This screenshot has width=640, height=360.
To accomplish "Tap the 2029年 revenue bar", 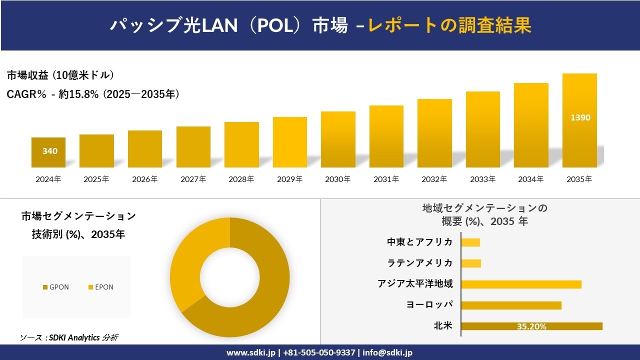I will pos(290,142).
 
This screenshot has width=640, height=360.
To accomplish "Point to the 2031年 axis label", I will pos(386,179).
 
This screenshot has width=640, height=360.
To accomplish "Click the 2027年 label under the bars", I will pos(193,179).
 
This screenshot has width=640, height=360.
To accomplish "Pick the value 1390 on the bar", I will pos(580,118).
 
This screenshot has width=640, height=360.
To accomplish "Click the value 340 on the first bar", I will pos(49,151).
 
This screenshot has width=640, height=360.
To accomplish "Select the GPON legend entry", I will pos(56,287).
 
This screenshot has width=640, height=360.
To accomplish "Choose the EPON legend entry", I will pos(101,287).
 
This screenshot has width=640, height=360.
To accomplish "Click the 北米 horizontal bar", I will pos(531,326).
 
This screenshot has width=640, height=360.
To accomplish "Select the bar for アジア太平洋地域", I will pos(521,284).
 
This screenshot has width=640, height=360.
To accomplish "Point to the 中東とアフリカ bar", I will pos(470,242).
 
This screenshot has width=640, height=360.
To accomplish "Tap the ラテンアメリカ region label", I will pos(420,263).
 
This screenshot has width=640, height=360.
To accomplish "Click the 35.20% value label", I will pos(531,326).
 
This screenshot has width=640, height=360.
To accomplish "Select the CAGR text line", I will pos(93,94).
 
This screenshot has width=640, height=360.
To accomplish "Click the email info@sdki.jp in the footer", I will pos(387,352).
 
